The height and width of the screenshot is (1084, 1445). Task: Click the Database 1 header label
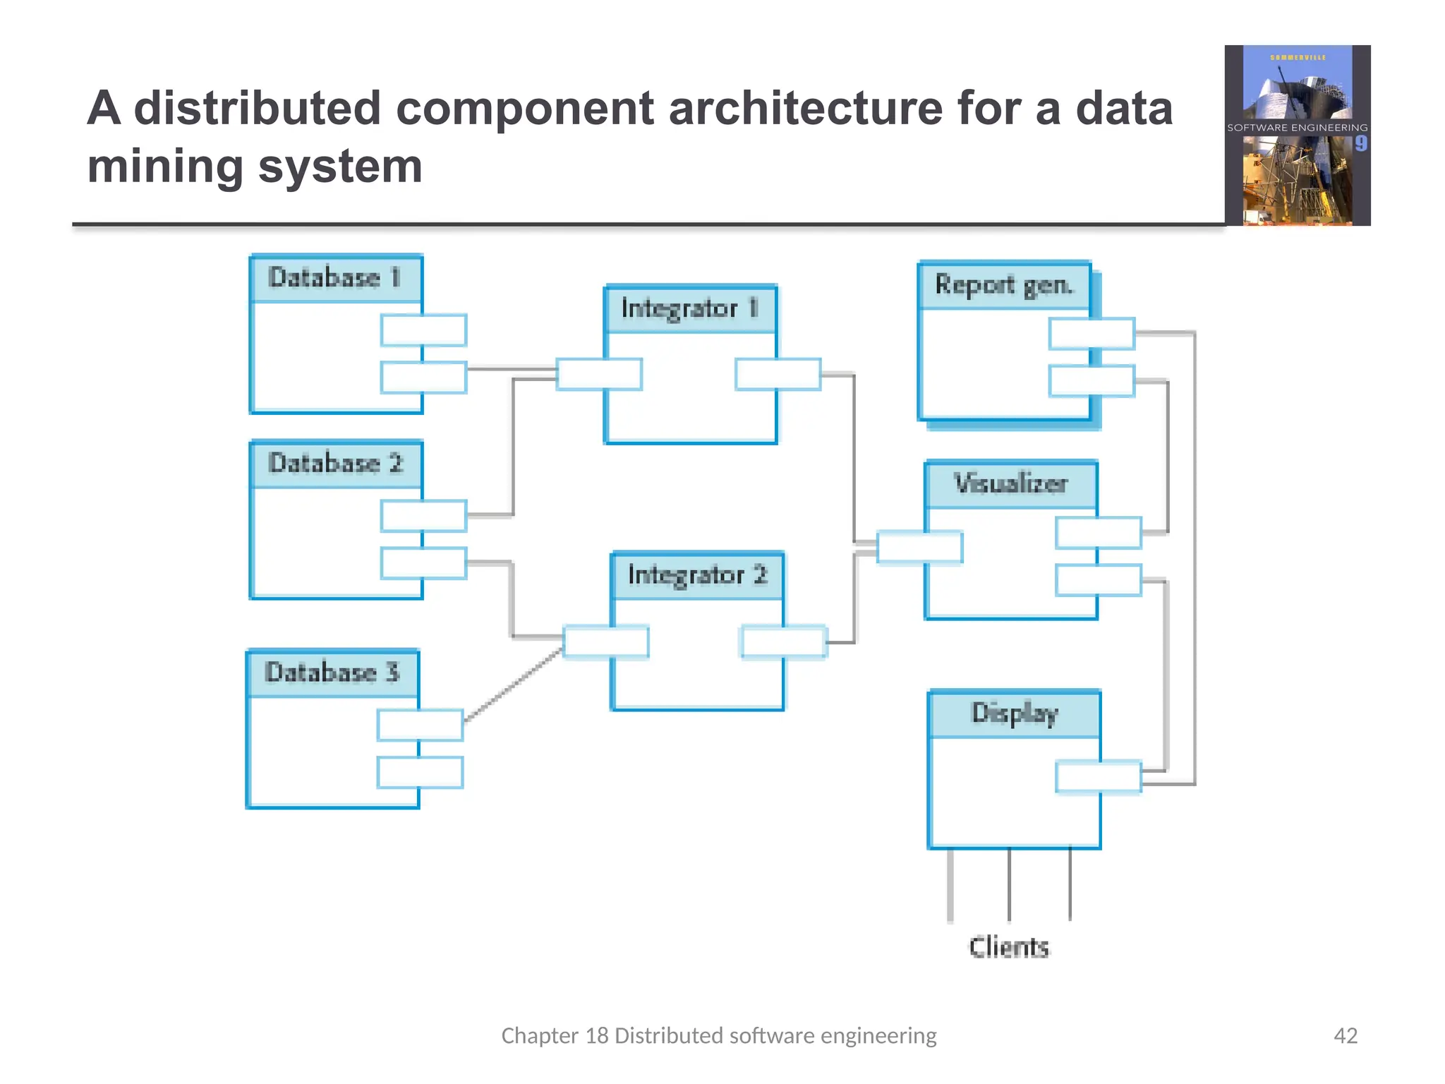[x=336, y=278]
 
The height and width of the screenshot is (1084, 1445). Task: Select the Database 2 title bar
[x=336, y=464]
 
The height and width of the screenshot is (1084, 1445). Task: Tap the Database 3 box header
[x=332, y=673]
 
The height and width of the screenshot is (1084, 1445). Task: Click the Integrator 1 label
[x=690, y=309]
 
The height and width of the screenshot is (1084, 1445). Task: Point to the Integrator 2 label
[x=697, y=575]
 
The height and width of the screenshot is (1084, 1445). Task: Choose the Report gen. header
[x=1004, y=285]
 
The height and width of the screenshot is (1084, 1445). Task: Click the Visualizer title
[x=1010, y=484]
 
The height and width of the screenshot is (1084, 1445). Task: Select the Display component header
[x=1014, y=713]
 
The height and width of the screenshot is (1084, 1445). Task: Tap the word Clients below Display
[x=1009, y=947]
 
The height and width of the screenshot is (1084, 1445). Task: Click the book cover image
[x=1298, y=135]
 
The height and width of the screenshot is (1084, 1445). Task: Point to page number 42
[x=1346, y=1035]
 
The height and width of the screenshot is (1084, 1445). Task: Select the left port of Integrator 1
[x=599, y=374]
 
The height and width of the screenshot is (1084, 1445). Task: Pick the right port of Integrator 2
[x=783, y=642]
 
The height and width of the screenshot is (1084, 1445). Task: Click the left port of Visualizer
[x=919, y=547]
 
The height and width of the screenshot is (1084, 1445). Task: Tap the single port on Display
[x=1098, y=777]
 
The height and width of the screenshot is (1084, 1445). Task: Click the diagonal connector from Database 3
[x=514, y=684]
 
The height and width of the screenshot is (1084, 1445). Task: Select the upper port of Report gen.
[x=1092, y=334]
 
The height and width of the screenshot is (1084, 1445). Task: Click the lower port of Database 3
[x=420, y=772]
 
